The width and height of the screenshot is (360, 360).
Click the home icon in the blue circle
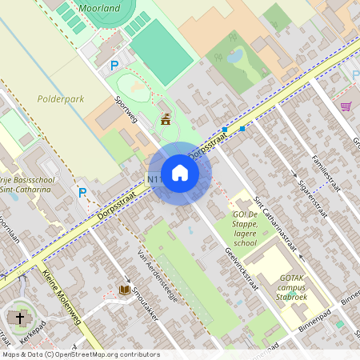pyautogui.click(x=179, y=173)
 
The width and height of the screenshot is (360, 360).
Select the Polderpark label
pyautogui.click(x=60, y=100)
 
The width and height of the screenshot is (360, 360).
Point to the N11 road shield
pyautogui.click(x=154, y=180)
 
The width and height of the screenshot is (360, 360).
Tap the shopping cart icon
pyautogui.click(x=346, y=106)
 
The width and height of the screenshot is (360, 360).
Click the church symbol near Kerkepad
pyautogui.click(x=18, y=318)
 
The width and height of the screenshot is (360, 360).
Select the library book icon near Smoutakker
pyautogui.click(x=124, y=290)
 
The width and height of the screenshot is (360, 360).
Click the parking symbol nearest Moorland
pyautogui.click(x=114, y=66)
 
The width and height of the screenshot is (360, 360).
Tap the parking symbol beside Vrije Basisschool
pyautogui.click(x=82, y=192)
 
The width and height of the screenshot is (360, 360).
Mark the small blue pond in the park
pyautogui.click(x=235, y=56)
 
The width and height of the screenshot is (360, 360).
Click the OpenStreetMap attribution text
pyautogui.click(x=80, y=354)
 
